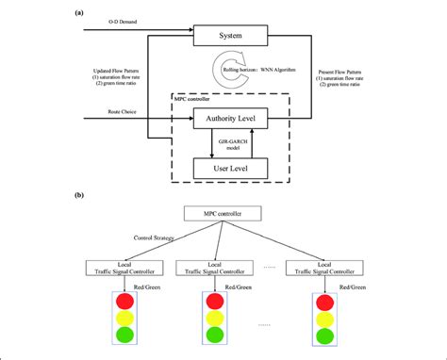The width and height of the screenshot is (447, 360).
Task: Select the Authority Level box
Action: coord(230,120)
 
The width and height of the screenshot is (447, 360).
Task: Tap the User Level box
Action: coord(230,169)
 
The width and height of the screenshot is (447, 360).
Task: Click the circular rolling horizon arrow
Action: coord(228,76)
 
